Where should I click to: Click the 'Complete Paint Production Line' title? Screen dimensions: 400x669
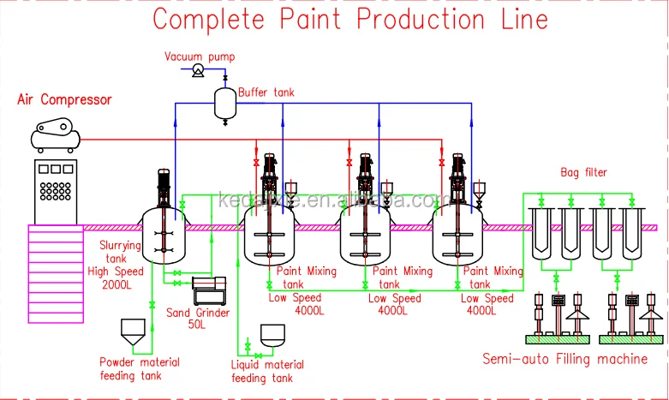tap(349, 19)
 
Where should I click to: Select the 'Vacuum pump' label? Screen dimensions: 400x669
tap(200, 57)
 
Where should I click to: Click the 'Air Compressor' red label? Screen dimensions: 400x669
tap(64, 100)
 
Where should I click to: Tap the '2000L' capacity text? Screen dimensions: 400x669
tap(116, 284)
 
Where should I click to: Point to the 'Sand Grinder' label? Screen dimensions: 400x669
tap(197, 313)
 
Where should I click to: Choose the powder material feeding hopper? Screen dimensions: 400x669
tap(131, 331)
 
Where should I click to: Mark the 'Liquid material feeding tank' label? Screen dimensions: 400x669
tap(267, 371)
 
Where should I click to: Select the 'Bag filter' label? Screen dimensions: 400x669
tap(583, 173)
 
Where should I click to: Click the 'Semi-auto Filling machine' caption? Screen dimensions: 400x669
tap(564, 358)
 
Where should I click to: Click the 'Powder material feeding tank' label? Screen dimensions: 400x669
tap(139, 368)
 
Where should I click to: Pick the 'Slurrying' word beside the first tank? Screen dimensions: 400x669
tap(119, 247)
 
